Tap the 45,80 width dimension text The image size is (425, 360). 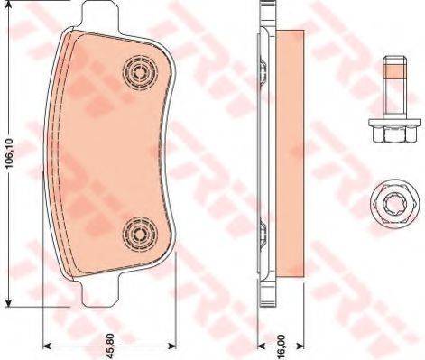pyautogui.click(x=109, y=344)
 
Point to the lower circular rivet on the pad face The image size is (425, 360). pyautogui.click(x=138, y=233)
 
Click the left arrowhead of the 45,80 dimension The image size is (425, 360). pyautogui.click(x=47, y=345)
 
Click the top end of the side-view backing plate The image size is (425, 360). pyautogui.click(x=264, y=11)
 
